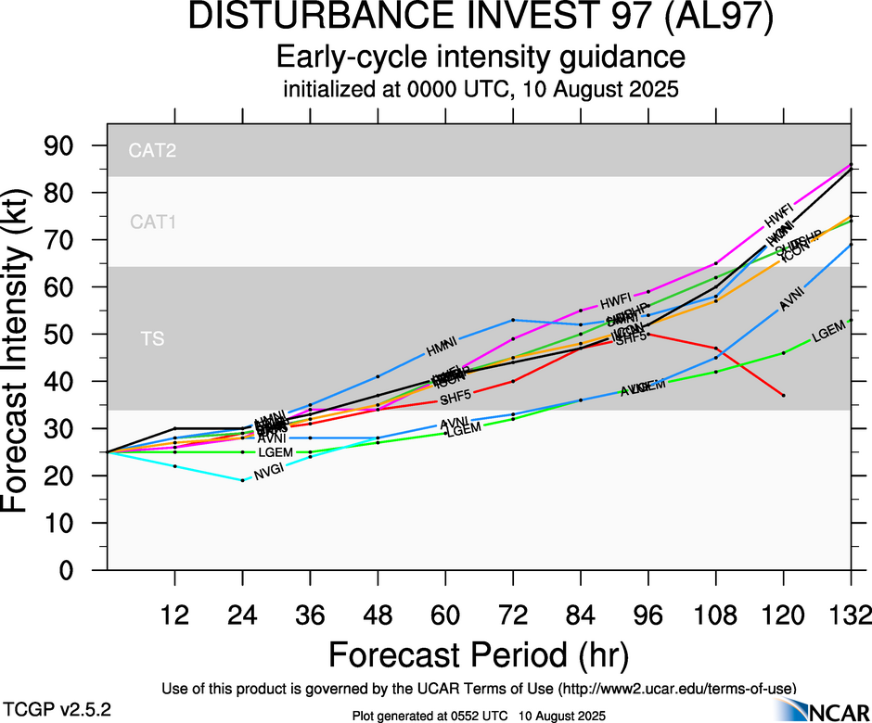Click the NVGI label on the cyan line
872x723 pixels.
pyautogui.click(x=268, y=472)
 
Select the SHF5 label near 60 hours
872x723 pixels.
pyautogui.click(x=455, y=399)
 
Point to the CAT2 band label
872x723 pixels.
pyautogui.click(x=153, y=150)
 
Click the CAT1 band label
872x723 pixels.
pyautogui.click(x=153, y=222)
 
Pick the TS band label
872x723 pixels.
pyautogui.click(x=153, y=339)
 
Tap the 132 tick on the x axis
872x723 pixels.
pyautogui.click(x=851, y=615)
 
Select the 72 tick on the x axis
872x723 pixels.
pyautogui.click(x=513, y=615)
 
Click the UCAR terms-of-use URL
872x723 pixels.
pyautogui.click(x=675, y=689)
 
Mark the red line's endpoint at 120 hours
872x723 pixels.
pyautogui.click(x=784, y=396)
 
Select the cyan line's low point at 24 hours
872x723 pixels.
pyautogui.click(x=242, y=480)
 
